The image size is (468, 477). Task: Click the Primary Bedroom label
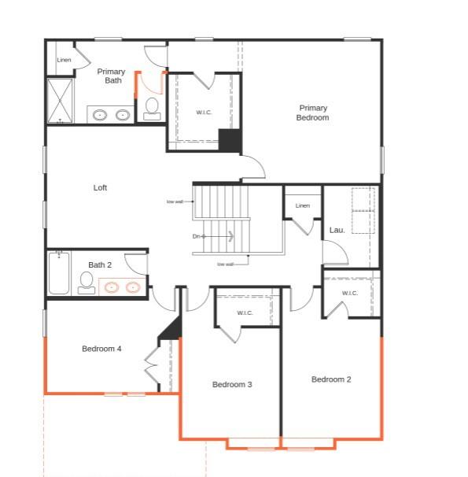(x=312, y=113)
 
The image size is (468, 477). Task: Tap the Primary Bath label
(x=111, y=76)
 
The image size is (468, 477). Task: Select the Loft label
(x=100, y=187)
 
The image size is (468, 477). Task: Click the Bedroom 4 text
(x=101, y=349)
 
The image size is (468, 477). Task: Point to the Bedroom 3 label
(x=232, y=384)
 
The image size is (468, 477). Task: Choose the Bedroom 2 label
(x=331, y=379)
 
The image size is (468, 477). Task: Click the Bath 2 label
(x=100, y=264)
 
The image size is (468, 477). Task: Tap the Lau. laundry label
(x=337, y=230)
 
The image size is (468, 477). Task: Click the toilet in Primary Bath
(x=152, y=108)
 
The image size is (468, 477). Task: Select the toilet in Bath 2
(x=87, y=282)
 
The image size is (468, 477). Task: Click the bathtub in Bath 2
(x=59, y=273)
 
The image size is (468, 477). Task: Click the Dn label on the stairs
(x=197, y=236)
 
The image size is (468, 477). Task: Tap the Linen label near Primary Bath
(x=64, y=60)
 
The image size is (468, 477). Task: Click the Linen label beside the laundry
(x=303, y=205)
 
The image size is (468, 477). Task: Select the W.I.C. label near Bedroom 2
(x=350, y=293)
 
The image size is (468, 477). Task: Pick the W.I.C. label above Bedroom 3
(x=245, y=313)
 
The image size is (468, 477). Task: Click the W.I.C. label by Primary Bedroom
(x=204, y=112)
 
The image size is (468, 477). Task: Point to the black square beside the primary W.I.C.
(x=229, y=140)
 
